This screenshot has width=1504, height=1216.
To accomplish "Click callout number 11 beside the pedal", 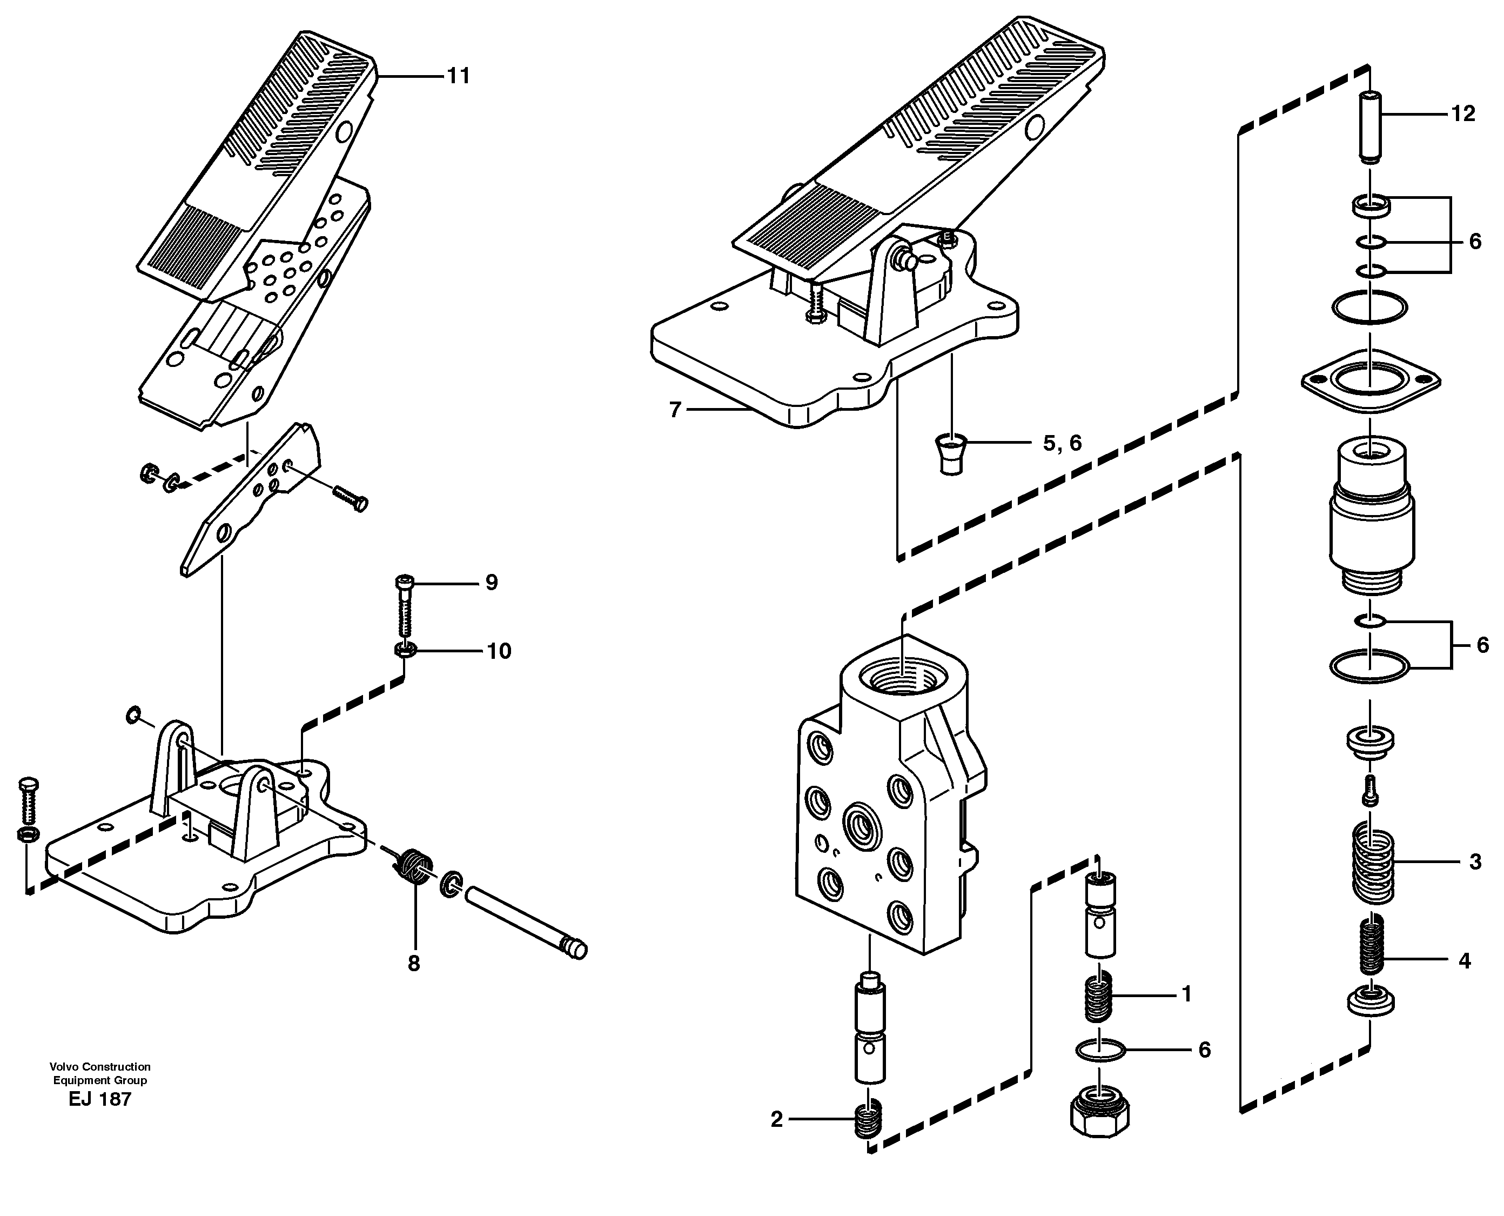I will [x=459, y=76].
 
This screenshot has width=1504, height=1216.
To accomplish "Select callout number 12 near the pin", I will [x=1463, y=113].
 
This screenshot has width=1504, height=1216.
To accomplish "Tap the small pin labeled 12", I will [x=1370, y=136].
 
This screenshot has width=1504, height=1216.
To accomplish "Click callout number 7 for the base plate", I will [x=675, y=410].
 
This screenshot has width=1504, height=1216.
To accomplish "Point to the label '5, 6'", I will [x=1062, y=443].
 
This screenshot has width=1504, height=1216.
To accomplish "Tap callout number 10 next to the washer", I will [x=499, y=651].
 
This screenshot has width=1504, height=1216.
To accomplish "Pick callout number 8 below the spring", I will [x=414, y=964].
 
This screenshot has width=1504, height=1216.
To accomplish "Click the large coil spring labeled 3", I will [x=1372, y=861].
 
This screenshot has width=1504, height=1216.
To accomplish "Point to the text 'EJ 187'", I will [x=100, y=1099].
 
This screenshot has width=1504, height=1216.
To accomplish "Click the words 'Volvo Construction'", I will [x=100, y=1067].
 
